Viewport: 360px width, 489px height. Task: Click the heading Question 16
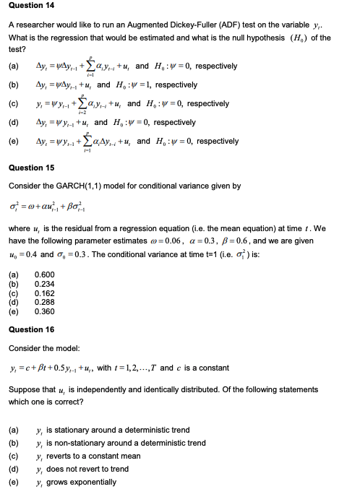click(x=31, y=329)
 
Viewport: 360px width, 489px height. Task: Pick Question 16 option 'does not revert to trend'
click(x=87, y=469)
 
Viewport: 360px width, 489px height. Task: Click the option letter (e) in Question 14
click(x=13, y=141)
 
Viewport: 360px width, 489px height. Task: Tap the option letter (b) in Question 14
click(x=13, y=85)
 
